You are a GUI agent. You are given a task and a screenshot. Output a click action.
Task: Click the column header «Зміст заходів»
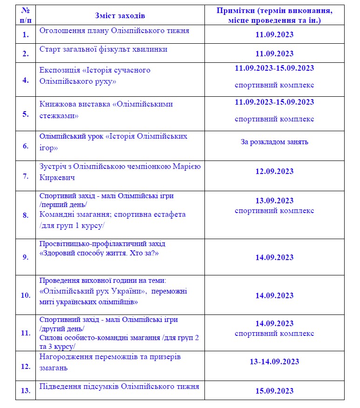tap(120, 16)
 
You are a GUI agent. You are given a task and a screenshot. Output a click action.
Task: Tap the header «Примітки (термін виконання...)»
tap(274, 16)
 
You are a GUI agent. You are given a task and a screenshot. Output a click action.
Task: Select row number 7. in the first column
tap(26, 176)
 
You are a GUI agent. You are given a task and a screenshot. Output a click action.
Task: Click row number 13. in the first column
tap(26, 390)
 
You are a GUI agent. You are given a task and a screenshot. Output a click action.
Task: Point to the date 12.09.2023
tap(274, 171)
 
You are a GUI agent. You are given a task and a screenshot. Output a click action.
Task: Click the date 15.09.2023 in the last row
tap(274, 391)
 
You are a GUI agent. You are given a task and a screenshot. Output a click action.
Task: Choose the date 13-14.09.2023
tap(274, 361)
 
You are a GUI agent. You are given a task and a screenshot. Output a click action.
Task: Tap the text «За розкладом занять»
tap(274, 142)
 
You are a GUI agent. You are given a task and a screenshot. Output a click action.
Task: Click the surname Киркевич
tap(57, 178)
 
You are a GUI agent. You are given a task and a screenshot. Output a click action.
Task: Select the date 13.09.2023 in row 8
tap(274, 201)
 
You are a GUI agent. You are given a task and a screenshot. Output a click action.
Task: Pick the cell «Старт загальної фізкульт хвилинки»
tap(103, 49)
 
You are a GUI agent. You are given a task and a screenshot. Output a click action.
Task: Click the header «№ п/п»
tap(26, 16)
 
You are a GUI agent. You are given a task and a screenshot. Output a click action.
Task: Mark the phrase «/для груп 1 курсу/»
tap(72, 226)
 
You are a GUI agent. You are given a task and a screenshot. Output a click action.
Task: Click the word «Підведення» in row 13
tap(60, 386)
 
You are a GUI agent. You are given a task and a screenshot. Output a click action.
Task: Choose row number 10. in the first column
tap(26, 295)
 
